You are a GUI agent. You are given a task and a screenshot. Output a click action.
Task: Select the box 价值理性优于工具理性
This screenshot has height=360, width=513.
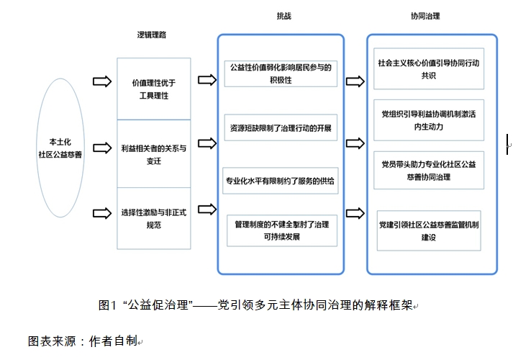[x=153, y=89]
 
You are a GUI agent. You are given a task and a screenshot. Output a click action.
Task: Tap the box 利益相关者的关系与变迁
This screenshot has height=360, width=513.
[x=153, y=153]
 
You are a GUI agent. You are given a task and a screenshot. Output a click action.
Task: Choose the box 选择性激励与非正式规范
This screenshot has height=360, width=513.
[x=153, y=218]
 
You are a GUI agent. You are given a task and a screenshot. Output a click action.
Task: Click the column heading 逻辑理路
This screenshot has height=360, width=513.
[x=153, y=35]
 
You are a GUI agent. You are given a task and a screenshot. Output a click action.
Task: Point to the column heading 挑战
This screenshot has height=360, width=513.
[x=285, y=15]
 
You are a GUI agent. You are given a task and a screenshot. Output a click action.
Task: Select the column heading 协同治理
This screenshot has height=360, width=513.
[x=425, y=15]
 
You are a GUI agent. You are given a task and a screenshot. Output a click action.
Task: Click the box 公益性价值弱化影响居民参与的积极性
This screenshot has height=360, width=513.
[x=280, y=73]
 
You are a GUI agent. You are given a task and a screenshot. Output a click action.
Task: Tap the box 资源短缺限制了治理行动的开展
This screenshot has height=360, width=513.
[x=280, y=127]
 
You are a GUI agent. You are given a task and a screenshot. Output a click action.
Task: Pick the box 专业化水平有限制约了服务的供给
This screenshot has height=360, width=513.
[x=280, y=180]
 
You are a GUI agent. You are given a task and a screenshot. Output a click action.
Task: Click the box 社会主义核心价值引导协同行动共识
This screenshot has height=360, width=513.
[x=428, y=68]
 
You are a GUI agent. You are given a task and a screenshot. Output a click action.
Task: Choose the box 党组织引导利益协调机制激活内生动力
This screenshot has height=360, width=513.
[x=428, y=120]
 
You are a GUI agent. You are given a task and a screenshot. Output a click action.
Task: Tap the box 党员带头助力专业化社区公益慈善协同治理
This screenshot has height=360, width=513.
[x=428, y=170]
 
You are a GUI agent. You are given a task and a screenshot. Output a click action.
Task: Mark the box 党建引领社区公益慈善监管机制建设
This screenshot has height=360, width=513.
[x=428, y=230]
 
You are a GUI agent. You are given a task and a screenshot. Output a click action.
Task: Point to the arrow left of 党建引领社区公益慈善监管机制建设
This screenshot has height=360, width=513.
[x=355, y=213]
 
